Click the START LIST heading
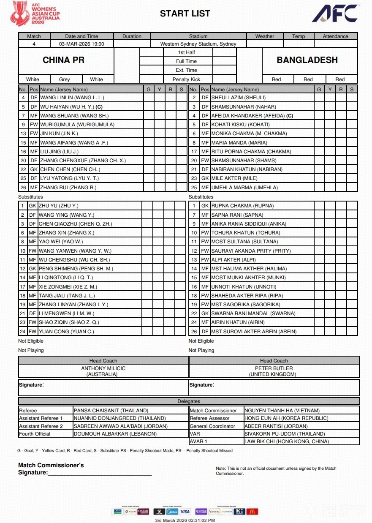pyautogui.click(x=185, y=14)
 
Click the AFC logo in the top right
pyautogui.click(x=336, y=14)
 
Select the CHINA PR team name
pyautogui.click(x=63, y=60)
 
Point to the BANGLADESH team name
pyautogui.click(x=307, y=60)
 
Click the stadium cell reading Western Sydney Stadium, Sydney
pyautogui.click(x=198, y=44)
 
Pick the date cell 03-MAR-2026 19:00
pyautogui.click(x=81, y=44)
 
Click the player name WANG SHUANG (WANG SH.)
pyautogui.click(x=74, y=116)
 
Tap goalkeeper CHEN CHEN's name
pyautogui.click(x=70, y=169)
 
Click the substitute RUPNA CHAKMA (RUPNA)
pyautogui.click(x=242, y=206)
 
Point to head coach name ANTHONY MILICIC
pyautogui.click(x=103, y=368)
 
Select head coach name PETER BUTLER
pyautogui.click(x=274, y=368)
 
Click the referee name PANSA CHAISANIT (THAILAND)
pyautogui.click(x=111, y=411)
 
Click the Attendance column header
pyautogui.click(x=336, y=36)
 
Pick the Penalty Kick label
pyautogui.click(x=187, y=79)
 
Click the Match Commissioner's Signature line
pyautogui.click(x=100, y=473)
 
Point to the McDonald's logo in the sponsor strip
pyautogui.click(x=252, y=512)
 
